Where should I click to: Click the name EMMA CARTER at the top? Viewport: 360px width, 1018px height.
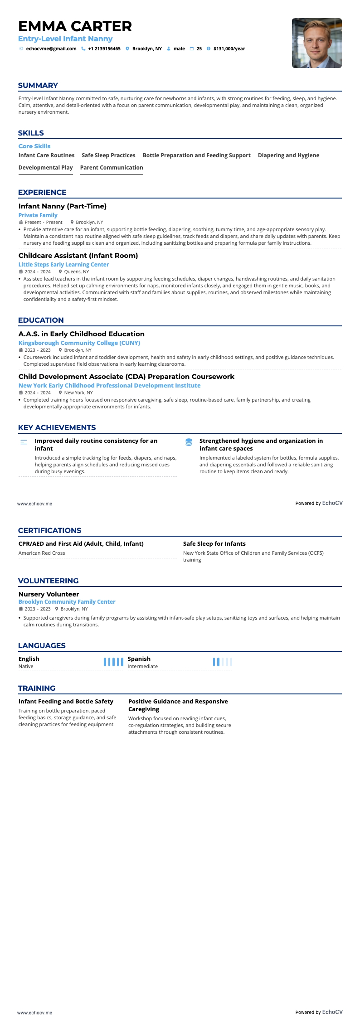click(75, 26)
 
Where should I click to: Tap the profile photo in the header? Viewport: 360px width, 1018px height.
click(316, 43)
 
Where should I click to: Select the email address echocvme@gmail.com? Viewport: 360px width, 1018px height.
click(51, 49)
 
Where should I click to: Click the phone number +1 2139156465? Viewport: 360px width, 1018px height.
click(104, 49)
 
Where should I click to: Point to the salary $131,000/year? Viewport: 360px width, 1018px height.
click(229, 49)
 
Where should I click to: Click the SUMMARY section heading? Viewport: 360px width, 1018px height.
click(38, 86)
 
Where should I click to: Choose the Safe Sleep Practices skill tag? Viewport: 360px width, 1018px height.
click(108, 155)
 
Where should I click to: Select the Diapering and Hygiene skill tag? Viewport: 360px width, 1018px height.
click(288, 155)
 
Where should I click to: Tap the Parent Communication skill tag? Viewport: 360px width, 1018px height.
click(112, 168)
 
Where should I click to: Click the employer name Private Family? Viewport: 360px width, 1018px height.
click(38, 215)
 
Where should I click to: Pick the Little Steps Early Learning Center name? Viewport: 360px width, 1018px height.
click(63, 265)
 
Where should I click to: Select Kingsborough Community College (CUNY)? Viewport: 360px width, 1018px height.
click(79, 343)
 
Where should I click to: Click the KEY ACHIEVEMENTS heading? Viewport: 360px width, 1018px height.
click(57, 428)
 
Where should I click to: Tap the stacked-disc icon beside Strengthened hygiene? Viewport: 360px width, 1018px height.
click(189, 442)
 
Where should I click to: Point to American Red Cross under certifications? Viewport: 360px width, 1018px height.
click(42, 553)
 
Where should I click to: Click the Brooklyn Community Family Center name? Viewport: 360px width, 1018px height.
click(67, 602)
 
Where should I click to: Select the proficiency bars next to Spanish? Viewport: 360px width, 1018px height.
click(222, 662)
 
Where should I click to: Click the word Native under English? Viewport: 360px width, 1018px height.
click(26, 666)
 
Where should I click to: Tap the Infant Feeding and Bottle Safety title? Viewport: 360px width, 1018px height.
click(66, 702)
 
